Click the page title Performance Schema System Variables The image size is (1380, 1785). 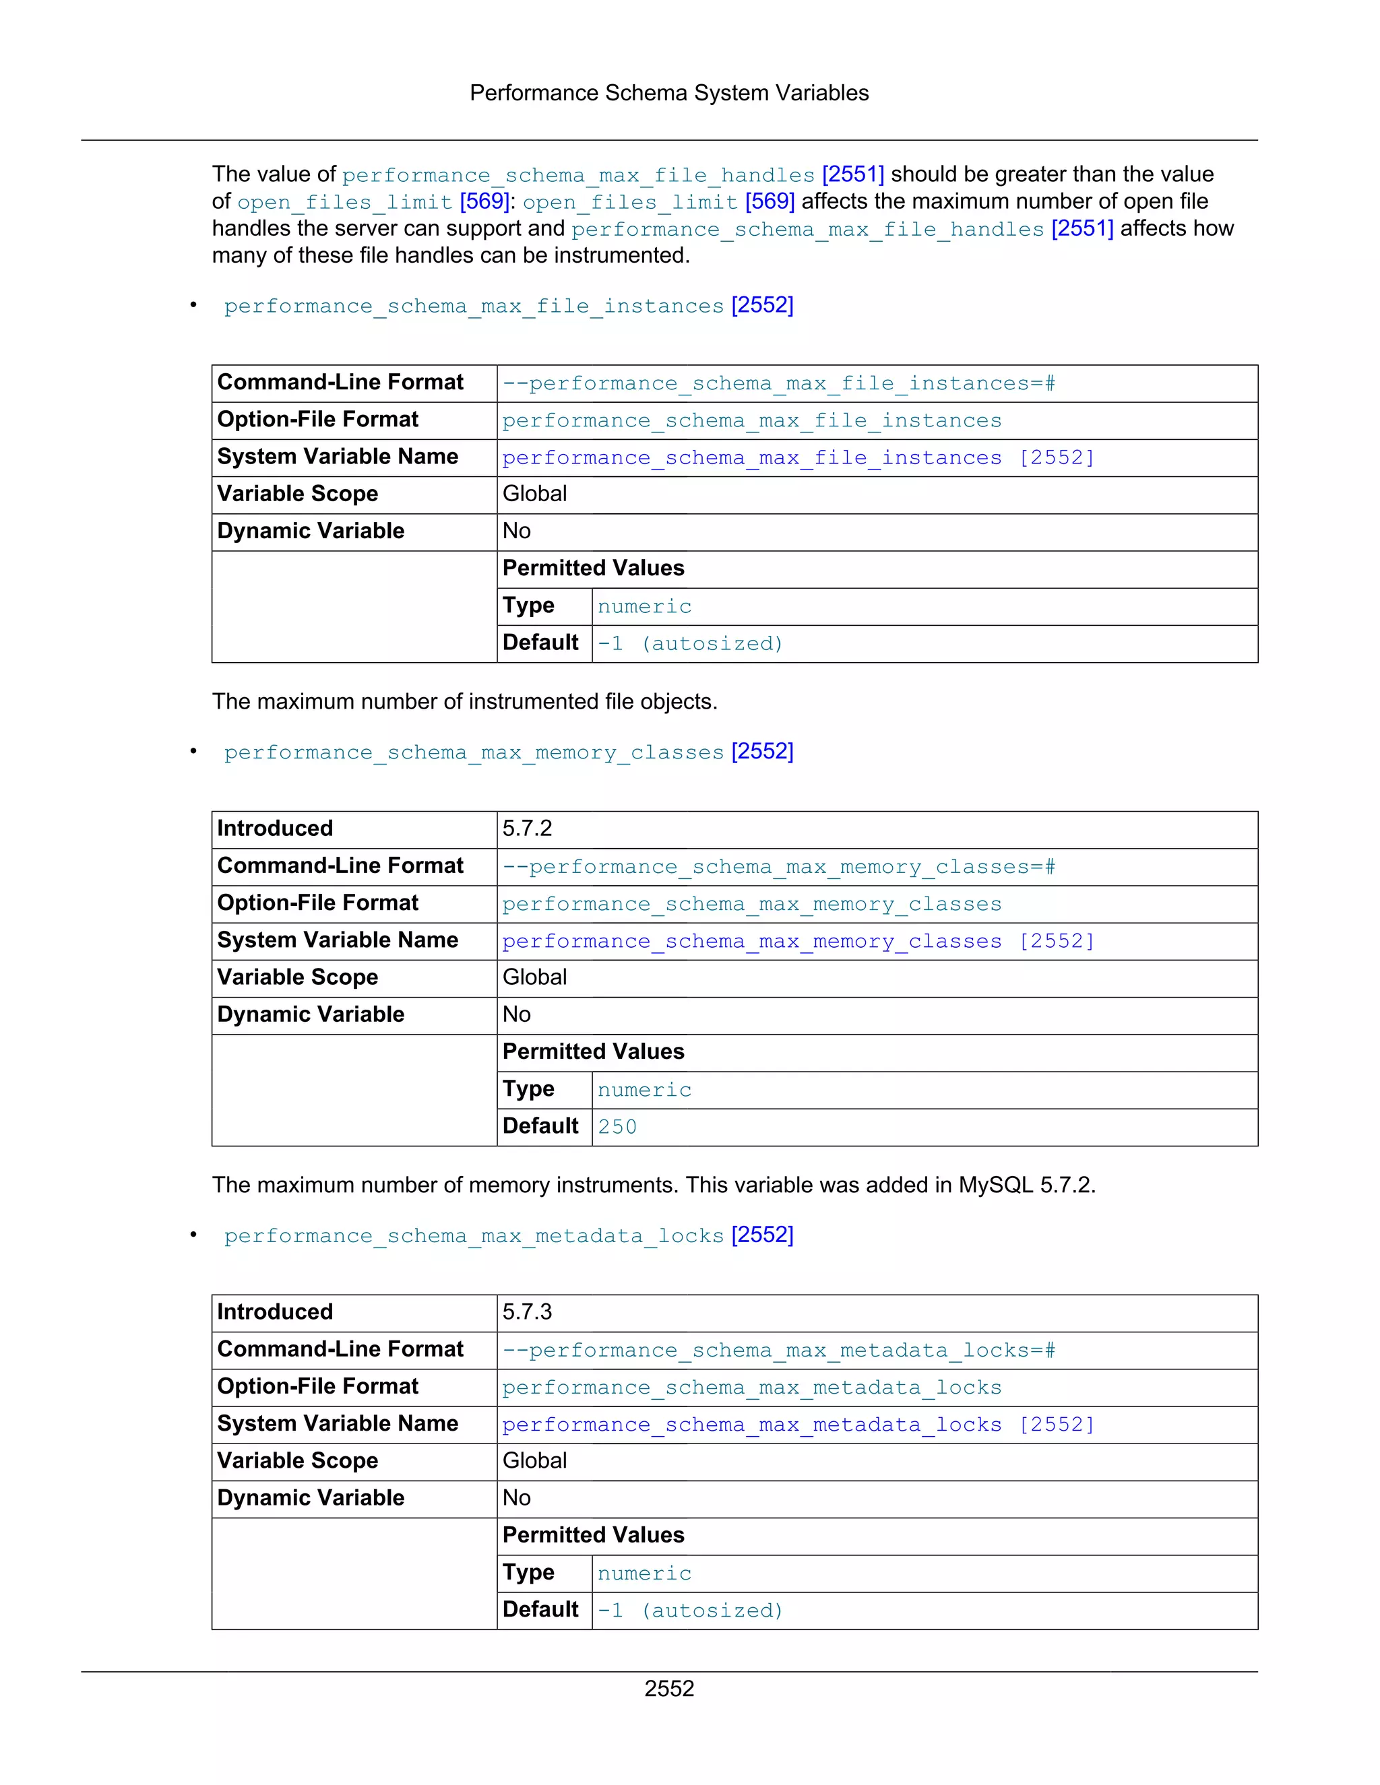click(x=668, y=93)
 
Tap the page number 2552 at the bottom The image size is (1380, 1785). click(x=668, y=1688)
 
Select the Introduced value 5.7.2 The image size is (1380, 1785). click(x=528, y=829)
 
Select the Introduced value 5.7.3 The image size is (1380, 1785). click(x=528, y=1311)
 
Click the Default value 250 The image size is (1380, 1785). click(x=617, y=1127)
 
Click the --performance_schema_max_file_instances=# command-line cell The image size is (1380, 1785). click(x=778, y=383)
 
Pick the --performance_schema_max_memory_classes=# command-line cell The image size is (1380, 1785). click(x=778, y=866)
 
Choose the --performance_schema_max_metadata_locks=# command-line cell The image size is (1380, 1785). click(x=778, y=1350)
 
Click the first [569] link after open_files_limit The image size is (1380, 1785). click(x=484, y=201)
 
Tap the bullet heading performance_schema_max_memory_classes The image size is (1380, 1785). click(x=474, y=752)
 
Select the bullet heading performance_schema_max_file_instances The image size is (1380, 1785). click(x=474, y=306)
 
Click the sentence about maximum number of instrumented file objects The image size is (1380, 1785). click(x=464, y=701)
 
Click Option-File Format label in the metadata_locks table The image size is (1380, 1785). click(x=317, y=1386)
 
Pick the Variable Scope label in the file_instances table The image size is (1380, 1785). click(x=298, y=494)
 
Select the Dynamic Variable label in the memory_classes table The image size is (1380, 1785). click(x=311, y=1014)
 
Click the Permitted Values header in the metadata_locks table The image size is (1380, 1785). click(x=593, y=1535)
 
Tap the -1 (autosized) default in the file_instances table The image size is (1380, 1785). click(x=690, y=644)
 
